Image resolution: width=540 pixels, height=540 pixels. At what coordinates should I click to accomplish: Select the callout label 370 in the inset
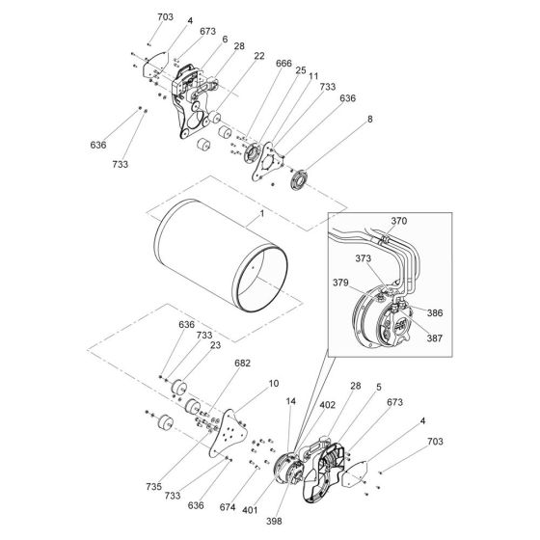398,221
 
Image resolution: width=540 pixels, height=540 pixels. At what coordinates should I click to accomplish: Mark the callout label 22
232,56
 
